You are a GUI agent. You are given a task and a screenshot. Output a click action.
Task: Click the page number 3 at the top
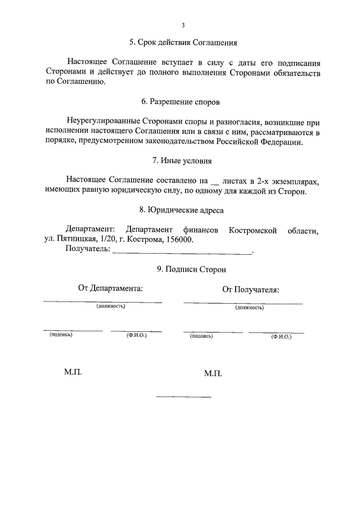tap(183, 25)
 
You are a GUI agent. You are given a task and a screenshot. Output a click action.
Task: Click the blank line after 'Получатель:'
tap(182, 253)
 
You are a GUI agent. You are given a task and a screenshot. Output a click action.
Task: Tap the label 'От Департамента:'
tap(110, 288)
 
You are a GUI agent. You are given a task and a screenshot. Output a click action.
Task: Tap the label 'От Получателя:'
tap(251, 290)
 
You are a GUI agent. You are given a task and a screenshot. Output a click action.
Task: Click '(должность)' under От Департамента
tap(110, 306)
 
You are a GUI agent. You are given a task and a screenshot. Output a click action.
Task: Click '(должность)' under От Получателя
tap(250, 308)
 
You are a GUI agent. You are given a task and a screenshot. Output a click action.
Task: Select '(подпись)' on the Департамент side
tap(61, 335)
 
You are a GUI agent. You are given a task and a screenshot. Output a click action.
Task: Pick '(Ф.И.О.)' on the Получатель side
tap(280, 336)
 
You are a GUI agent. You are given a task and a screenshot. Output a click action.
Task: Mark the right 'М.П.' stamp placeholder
tap(214, 373)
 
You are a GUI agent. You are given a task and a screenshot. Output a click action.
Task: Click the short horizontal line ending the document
tap(183, 398)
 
